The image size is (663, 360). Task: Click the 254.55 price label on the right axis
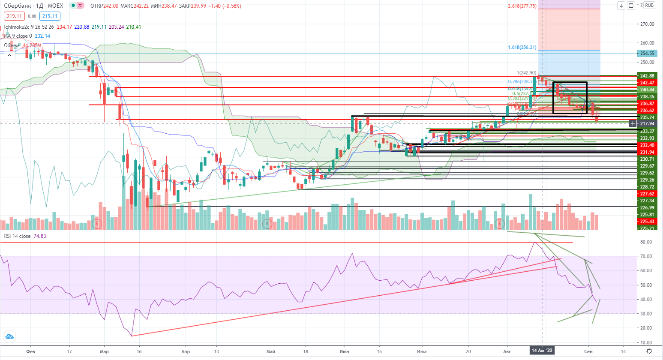[x=647, y=54]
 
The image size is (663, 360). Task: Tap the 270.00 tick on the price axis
[x=647, y=24]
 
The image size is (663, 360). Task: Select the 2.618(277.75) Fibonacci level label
[x=522, y=6]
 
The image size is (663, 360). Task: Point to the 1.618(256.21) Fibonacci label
[x=522, y=47]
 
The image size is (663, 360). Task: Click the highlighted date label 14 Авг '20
[x=542, y=351]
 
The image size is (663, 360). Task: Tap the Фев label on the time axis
[x=30, y=351]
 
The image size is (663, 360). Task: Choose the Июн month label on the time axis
[x=344, y=351]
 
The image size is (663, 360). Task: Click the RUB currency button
[x=649, y=6]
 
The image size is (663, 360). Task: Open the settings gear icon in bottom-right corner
[x=649, y=351]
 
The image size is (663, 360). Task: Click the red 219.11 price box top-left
[x=14, y=16]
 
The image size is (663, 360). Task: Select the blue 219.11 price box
[x=50, y=16]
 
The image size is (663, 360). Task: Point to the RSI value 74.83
[x=39, y=236]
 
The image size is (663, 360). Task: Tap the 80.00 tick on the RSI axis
[x=646, y=242]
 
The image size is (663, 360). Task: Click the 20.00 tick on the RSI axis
[x=646, y=328]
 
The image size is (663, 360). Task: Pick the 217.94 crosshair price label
[x=647, y=123]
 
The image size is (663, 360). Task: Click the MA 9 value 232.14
[x=42, y=36]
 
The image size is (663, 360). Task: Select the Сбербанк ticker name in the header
[x=18, y=6]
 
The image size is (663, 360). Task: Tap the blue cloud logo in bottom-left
[x=9, y=336]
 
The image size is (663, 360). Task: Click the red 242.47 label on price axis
[x=647, y=83]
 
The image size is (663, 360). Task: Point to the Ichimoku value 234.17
[x=64, y=27]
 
